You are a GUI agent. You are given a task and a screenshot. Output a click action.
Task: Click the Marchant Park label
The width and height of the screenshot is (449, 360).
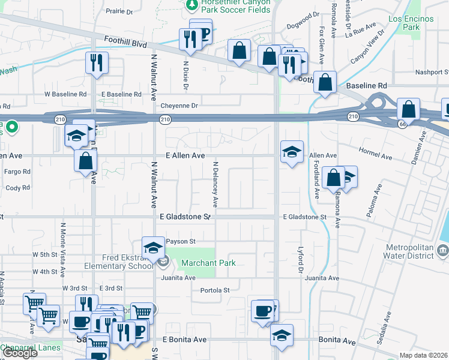(208, 263)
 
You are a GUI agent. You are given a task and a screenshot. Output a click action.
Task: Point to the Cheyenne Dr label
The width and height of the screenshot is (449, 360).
(179, 106)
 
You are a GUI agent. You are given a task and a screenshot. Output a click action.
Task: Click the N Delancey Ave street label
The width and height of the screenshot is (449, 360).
(214, 182)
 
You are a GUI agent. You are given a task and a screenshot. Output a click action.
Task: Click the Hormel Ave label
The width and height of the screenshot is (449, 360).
(375, 157)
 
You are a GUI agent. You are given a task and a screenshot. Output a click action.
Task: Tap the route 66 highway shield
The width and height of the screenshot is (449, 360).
(402, 123)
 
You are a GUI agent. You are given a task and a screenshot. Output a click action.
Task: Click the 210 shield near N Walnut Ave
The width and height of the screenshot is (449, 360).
(164, 120)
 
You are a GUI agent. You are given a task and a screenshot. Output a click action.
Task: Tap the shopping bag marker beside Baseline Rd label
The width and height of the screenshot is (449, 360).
(325, 83)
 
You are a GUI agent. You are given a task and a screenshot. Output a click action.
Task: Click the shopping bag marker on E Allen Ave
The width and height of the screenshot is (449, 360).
(86, 160)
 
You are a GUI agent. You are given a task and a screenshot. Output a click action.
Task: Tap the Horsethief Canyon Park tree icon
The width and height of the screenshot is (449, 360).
(191, 5)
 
